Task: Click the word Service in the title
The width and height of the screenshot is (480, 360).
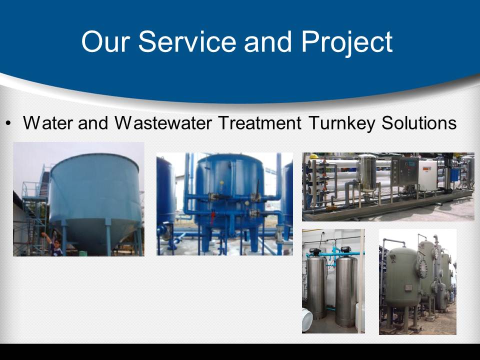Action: point(187,41)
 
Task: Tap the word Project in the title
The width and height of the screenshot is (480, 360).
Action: point(347,43)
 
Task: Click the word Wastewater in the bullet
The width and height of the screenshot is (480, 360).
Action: point(163,123)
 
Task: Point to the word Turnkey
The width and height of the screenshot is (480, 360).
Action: point(342,123)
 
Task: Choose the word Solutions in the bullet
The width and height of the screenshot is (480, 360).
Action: point(419,123)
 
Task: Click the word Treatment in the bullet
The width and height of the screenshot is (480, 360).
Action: point(260,123)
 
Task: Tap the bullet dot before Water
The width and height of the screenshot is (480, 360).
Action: point(8,123)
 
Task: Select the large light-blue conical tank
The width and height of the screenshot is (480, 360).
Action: point(94,202)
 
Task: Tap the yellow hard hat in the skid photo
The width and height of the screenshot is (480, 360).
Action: point(314,157)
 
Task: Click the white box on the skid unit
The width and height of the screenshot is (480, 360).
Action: point(427,175)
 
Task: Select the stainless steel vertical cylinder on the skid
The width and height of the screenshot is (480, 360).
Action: point(367,173)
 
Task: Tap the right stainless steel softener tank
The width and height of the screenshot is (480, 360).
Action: point(346,291)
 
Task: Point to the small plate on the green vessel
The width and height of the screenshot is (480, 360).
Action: point(408,288)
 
